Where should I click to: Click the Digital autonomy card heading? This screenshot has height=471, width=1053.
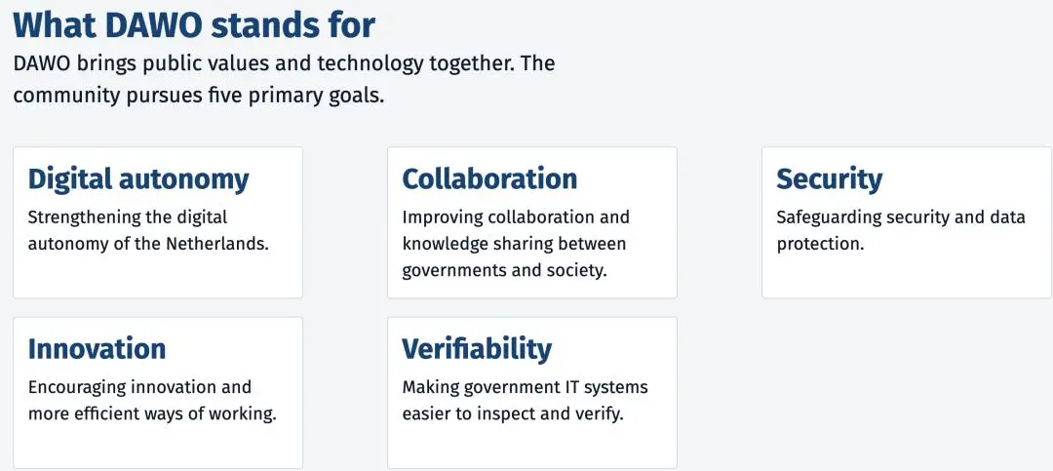pyautogui.click(x=138, y=179)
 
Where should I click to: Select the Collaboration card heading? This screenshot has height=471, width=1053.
pyautogui.click(x=489, y=178)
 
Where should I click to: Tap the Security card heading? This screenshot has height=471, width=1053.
pyautogui.click(x=830, y=179)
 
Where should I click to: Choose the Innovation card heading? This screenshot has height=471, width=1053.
pyautogui.click(x=97, y=349)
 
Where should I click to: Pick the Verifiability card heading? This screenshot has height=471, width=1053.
pyautogui.click(x=477, y=349)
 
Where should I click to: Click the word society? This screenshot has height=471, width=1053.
pyautogui.click(x=577, y=270)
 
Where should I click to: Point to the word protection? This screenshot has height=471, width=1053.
pyautogui.click(x=818, y=244)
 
